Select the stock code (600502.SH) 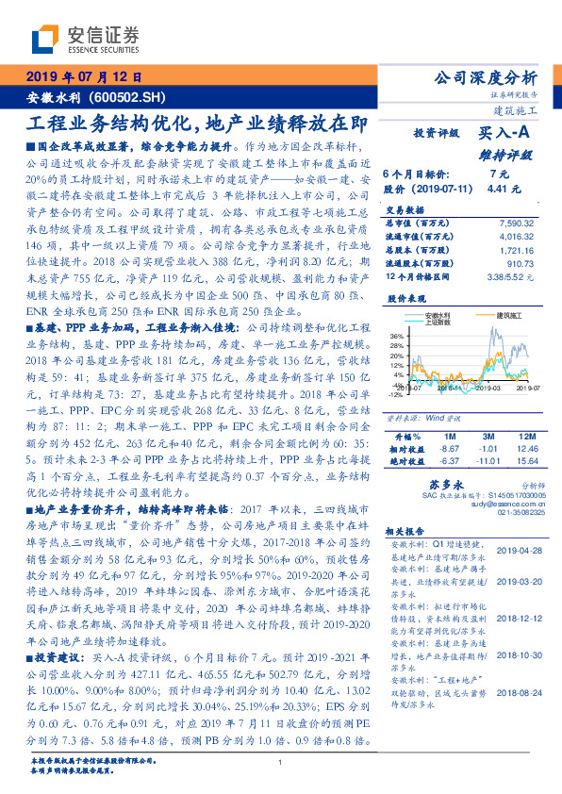(131, 97)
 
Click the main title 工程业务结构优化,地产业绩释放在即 (192, 123)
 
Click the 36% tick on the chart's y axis (397, 337)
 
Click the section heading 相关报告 (407, 532)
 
